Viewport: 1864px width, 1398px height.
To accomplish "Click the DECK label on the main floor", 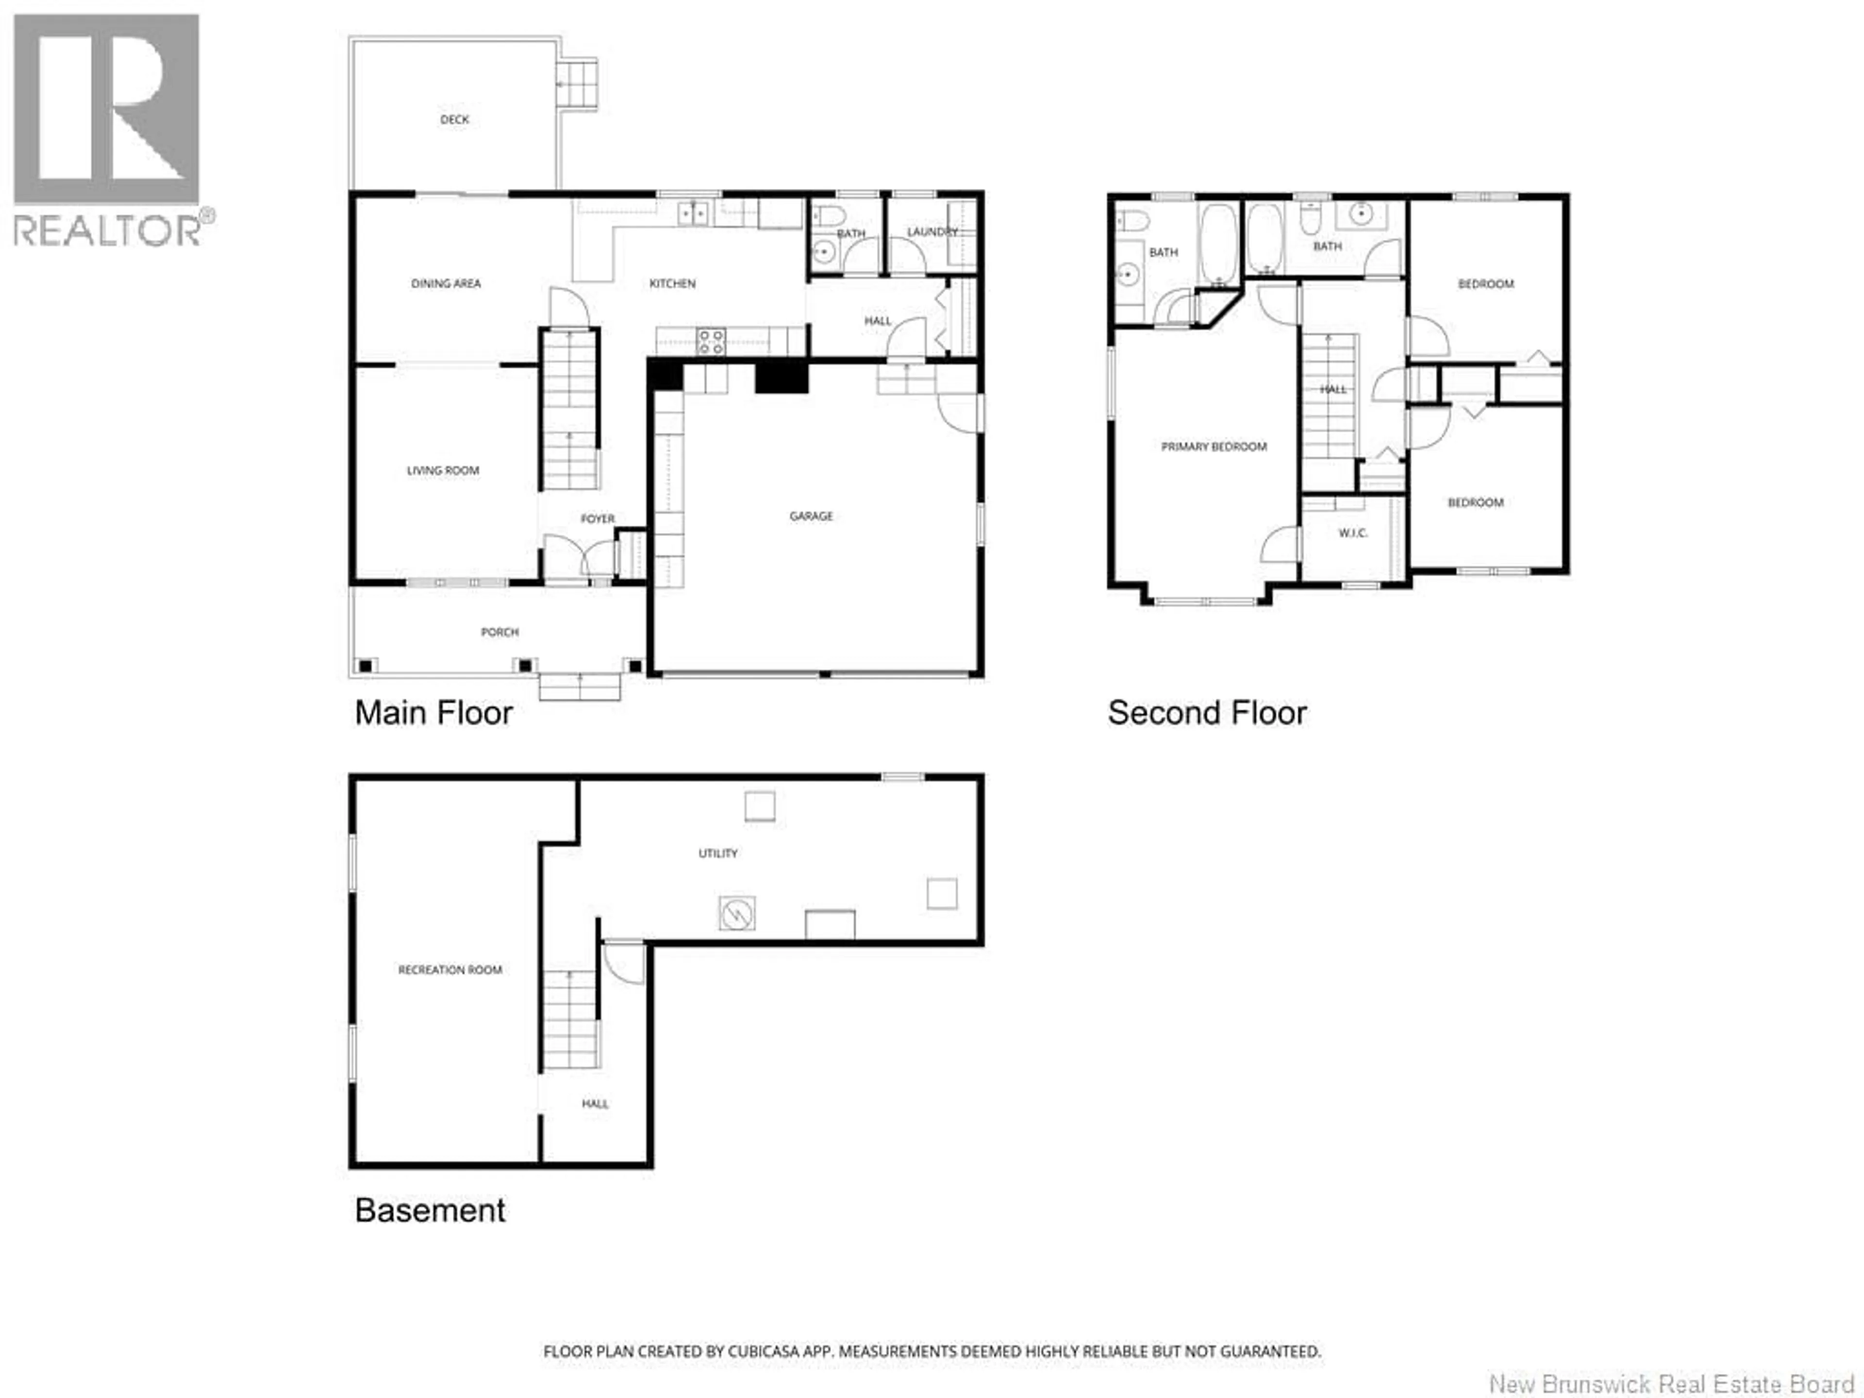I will (x=454, y=120).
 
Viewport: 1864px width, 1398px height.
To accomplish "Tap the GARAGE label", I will (x=811, y=516).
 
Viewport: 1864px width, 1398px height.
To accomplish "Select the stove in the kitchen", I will (x=710, y=341).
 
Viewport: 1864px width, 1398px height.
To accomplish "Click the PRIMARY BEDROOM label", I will (x=1214, y=447).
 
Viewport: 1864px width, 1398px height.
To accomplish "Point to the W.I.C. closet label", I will (x=1352, y=533).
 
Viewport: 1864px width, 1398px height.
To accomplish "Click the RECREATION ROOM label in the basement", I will (x=450, y=970).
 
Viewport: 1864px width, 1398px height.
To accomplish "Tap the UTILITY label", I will (x=717, y=854).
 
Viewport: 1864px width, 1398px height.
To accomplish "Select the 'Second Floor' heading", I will (x=1207, y=713).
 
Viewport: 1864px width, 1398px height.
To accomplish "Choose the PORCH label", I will (x=499, y=632).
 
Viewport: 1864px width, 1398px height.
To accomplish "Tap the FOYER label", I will (x=598, y=518).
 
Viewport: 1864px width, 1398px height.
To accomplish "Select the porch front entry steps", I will (x=580, y=687).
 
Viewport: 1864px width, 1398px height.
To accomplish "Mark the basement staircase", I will (x=570, y=1020).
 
